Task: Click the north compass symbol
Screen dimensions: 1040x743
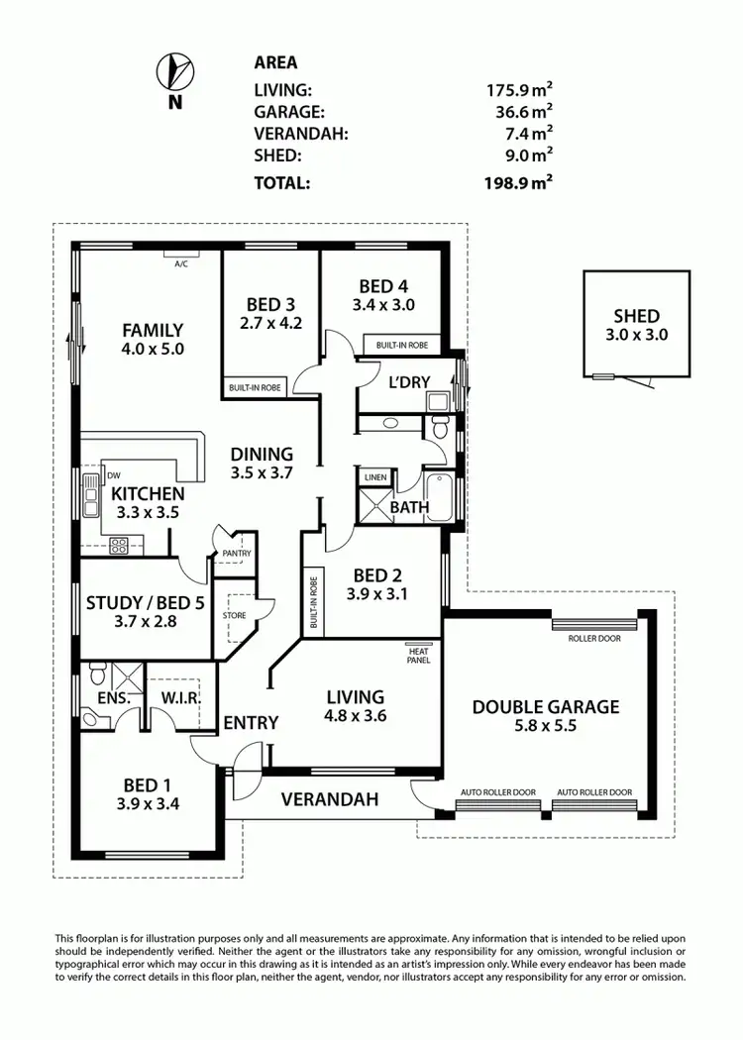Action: coord(175,70)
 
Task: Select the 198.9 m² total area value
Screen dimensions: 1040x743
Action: coord(518,182)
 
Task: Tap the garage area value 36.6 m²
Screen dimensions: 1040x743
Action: coord(518,113)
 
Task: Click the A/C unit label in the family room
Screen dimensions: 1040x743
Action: coord(181,264)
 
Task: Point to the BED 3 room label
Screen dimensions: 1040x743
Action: coord(269,304)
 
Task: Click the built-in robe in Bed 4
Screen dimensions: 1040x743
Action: coord(401,345)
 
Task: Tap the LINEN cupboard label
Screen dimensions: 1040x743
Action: coord(375,477)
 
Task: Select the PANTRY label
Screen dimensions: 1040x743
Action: coord(238,554)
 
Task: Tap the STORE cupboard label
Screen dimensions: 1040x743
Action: coord(234,615)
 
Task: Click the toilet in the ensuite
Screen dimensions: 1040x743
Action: coord(97,676)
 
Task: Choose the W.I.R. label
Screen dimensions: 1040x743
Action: coord(181,698)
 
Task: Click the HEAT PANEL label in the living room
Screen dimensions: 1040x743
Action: coord(418,655)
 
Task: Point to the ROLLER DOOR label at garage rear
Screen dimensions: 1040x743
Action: coord(594,639)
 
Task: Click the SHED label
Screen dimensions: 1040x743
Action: coord(636,316)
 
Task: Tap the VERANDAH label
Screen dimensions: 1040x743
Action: coord(331,799)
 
